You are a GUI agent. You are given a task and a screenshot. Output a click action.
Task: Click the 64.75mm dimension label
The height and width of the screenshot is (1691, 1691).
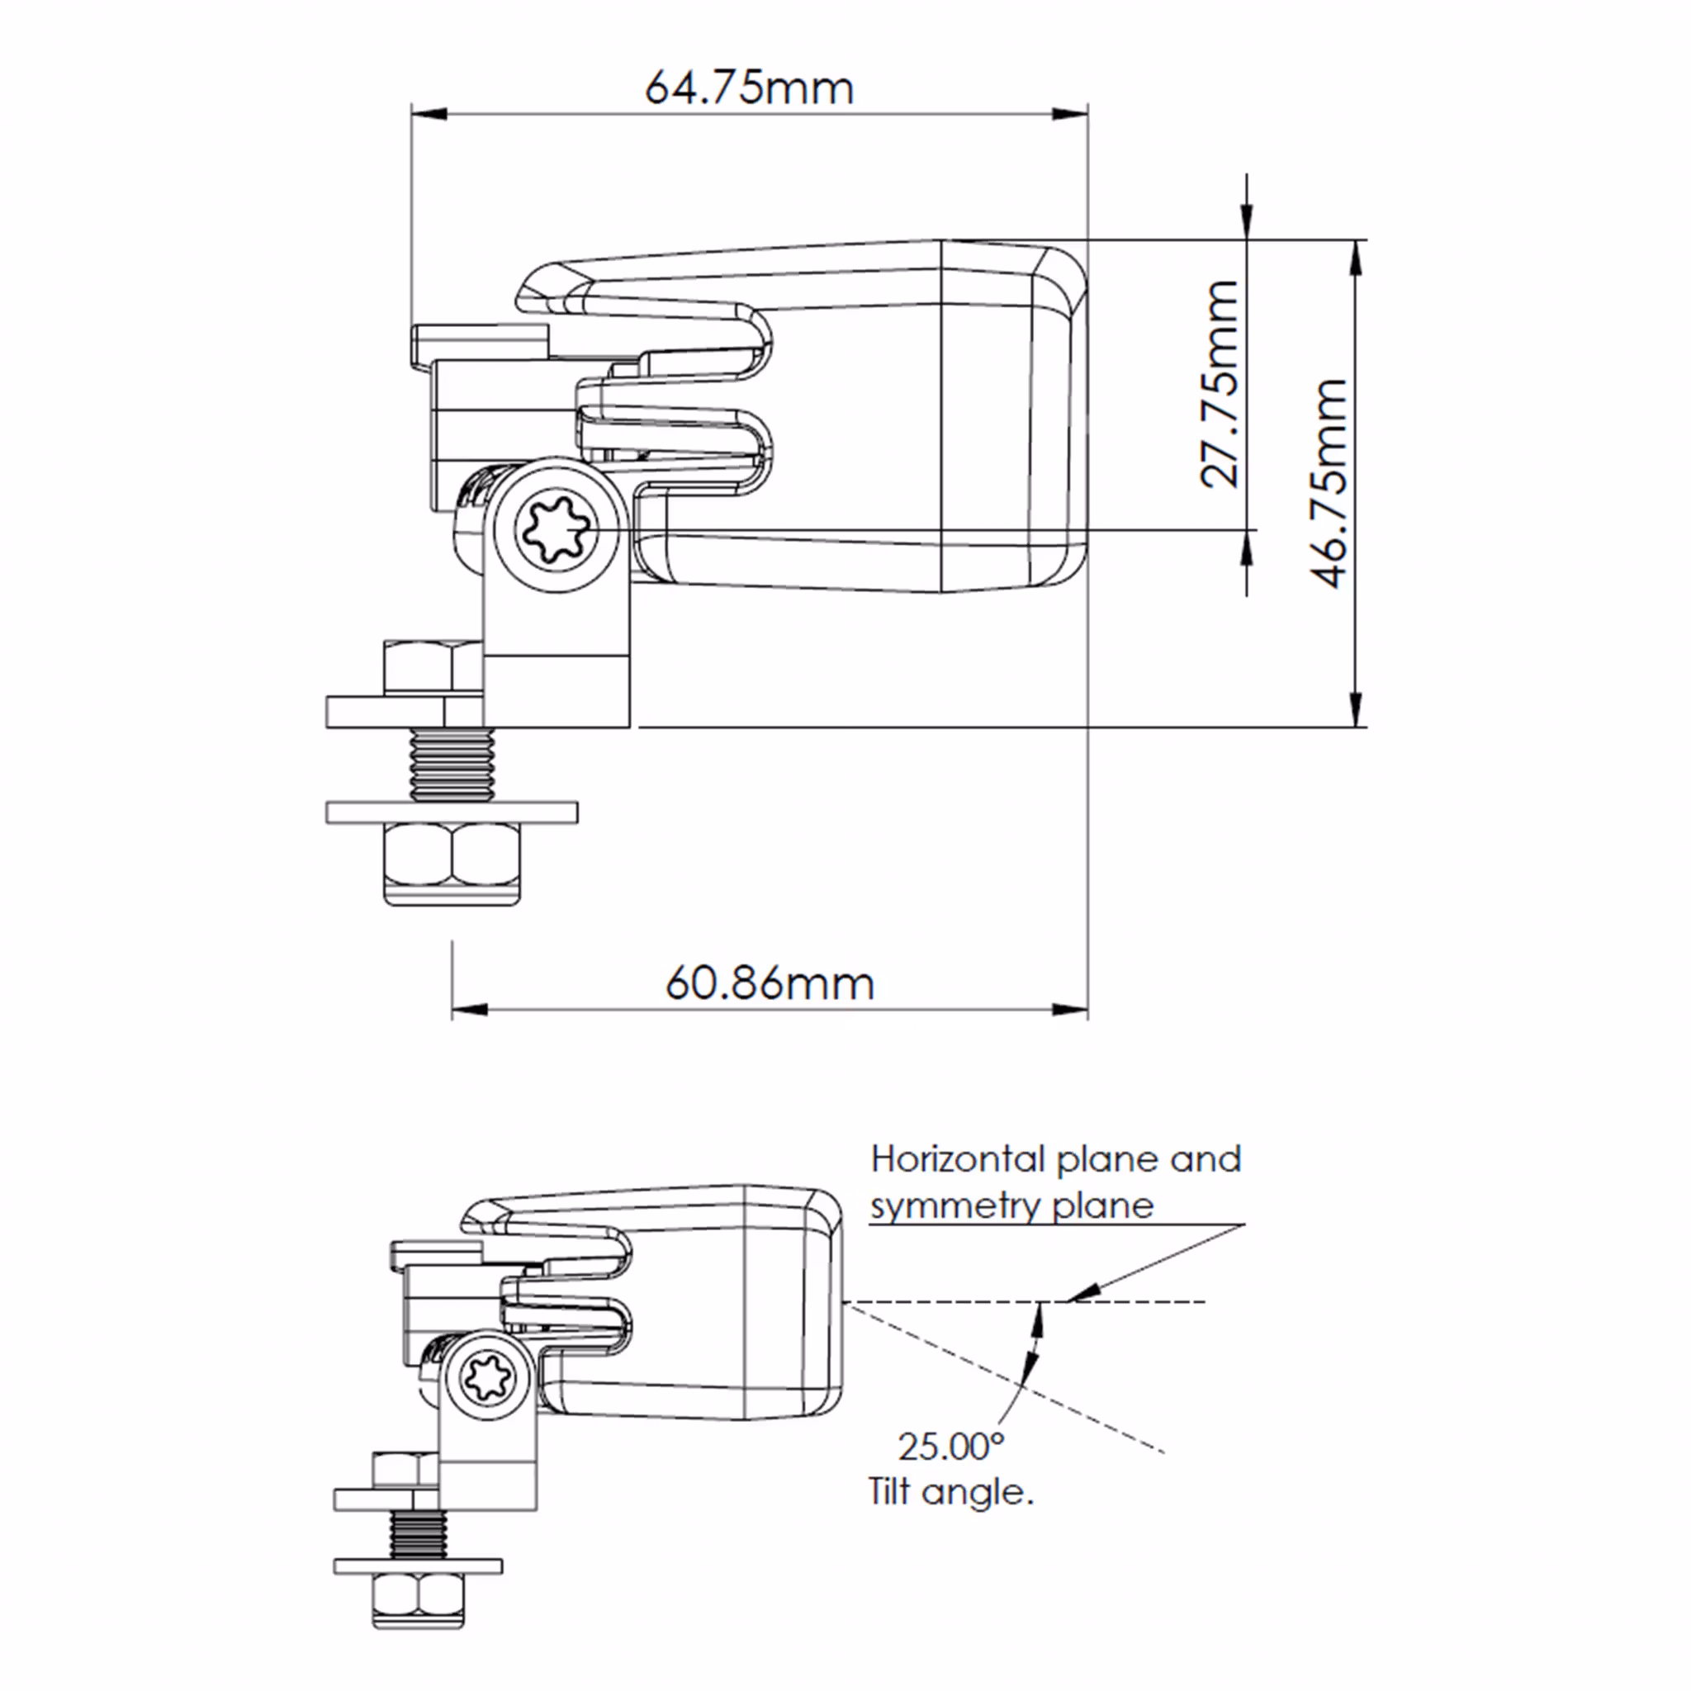click(x=748, y=88)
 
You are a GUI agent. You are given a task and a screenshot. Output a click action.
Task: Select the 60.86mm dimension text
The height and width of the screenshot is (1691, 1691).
click(x=770, y=983)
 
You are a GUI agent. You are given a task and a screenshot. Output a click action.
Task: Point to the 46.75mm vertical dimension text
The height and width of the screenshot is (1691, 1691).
click(x=1329, y=482)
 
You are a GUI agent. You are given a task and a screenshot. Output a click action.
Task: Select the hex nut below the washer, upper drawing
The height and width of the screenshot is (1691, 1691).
click(x=452, y=862)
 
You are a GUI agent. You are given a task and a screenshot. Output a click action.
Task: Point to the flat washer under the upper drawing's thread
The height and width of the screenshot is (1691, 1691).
click(x=452, y=812)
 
